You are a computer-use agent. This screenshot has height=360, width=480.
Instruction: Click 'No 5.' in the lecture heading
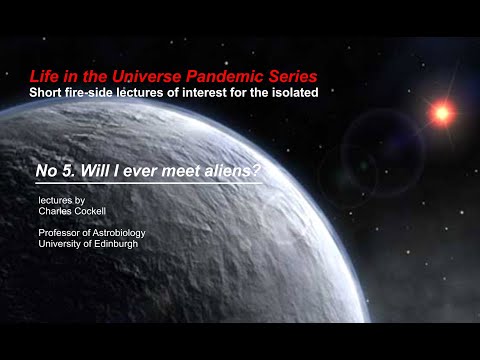click(53, 173)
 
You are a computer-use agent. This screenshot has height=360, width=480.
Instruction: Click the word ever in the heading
click(133, 173)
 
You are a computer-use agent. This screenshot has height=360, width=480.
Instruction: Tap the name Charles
click(56, 212)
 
